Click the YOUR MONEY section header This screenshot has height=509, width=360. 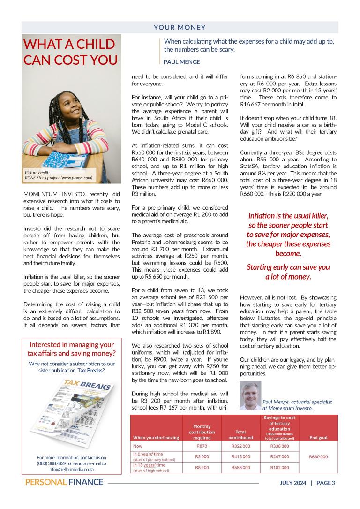pos(180,28)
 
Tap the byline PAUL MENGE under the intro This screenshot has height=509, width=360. pos(181,62)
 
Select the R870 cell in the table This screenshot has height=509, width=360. pos(202,446)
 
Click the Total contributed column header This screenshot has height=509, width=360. pos(240,434)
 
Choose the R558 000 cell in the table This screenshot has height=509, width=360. pos(240,467)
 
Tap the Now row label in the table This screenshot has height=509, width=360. pos(138,446)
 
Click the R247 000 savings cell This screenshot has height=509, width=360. pos(279,456)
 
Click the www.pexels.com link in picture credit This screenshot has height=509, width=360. pos(76,178)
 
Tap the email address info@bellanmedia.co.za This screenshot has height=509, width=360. pos(71,469)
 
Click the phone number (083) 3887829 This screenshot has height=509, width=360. pos(53,463)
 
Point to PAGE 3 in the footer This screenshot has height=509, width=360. pos(326,483)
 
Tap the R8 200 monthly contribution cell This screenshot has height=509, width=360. pos(202,467)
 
